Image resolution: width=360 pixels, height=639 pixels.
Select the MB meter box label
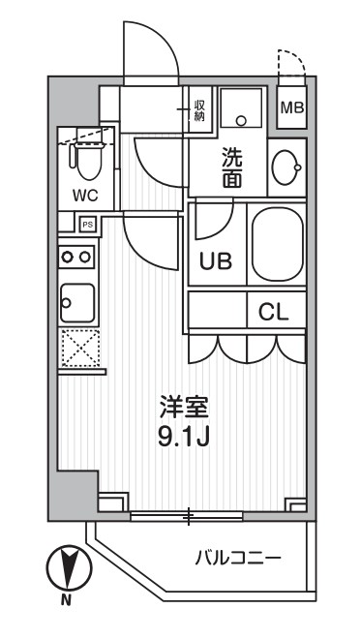(290, 107)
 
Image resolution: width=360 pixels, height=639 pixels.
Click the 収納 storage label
(199, 109)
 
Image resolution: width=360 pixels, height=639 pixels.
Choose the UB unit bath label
(216, 260)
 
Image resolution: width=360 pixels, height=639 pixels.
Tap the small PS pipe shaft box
(87, 225)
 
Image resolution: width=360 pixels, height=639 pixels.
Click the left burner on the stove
(69, 258)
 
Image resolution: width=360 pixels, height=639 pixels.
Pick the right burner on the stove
(85, 258)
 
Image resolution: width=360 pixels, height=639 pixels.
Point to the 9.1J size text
(184, 437)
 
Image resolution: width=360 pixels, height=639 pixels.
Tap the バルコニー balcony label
(238, 558)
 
